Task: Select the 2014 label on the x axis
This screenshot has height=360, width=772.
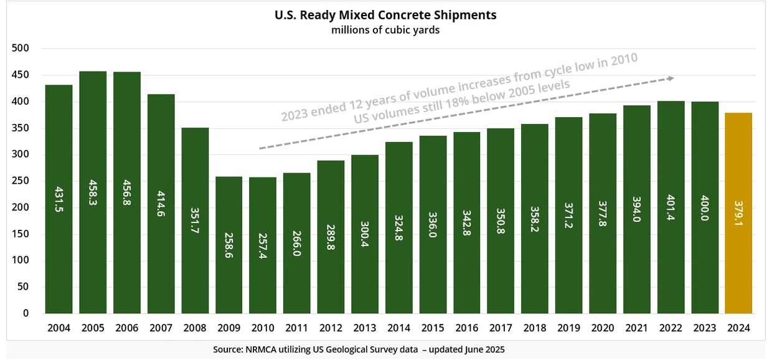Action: pyautogui.click(x=398, y=328)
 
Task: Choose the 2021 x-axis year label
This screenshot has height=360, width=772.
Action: pyautogui.click(x=637, y=328)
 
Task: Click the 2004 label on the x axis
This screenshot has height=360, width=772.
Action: pyautogui.click(x=59, y=328)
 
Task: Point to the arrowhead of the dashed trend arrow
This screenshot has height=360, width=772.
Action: pyautogui.click(x=671, y=78)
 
